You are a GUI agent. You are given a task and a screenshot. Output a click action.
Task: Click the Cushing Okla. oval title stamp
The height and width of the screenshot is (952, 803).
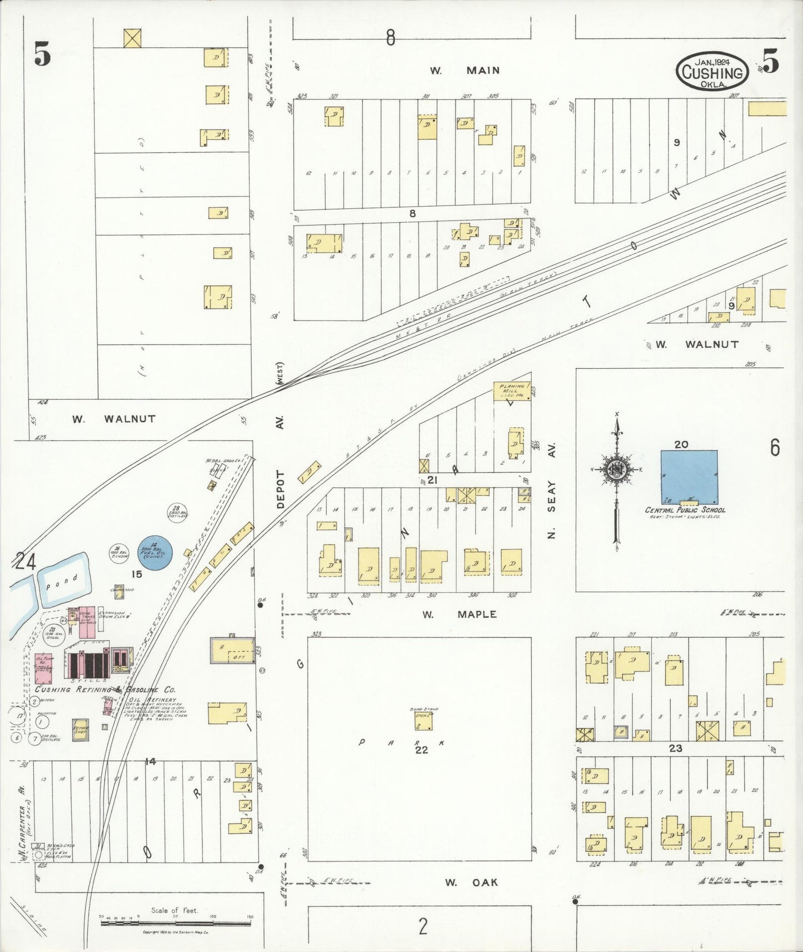tap(712, 71)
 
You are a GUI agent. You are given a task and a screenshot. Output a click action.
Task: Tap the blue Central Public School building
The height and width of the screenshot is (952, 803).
tap(689, 476)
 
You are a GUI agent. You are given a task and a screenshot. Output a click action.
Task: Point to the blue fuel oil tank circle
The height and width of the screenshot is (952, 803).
tap(155, 552)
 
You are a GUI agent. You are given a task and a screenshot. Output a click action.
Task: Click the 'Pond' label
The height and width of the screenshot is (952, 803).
tap(62, 582)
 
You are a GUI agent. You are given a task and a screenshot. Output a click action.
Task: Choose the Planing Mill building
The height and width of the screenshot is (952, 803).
tap(511, 390)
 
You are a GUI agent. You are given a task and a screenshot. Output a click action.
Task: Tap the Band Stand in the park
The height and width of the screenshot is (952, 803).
tap(423, 721)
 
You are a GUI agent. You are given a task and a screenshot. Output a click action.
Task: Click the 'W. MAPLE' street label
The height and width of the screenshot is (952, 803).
tap(459, 614)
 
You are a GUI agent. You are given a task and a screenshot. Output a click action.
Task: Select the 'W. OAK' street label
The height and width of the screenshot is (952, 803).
tap(471, 882)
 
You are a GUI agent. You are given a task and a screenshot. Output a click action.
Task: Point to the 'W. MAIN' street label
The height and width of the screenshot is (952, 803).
tap(465, 71)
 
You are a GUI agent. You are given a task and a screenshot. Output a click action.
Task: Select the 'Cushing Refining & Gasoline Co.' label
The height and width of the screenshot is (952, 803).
tap(105, 689)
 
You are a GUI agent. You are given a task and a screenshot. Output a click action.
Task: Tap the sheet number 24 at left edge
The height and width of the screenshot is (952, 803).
tap(25, 562)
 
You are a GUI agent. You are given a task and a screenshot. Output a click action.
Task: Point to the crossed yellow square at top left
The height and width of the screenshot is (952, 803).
tap(132, 38)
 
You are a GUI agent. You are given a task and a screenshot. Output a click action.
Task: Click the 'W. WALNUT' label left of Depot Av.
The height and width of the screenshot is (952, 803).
tap(114, 419)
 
